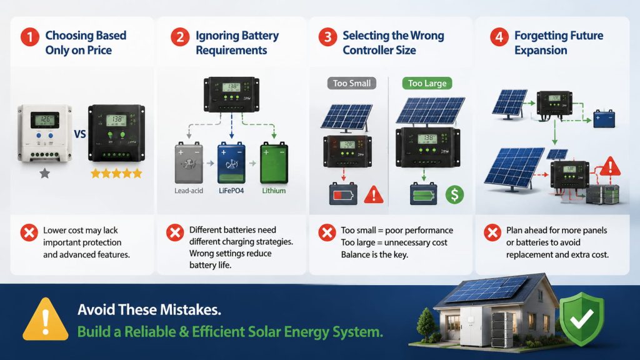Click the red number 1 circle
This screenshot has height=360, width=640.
(x=30, y=37)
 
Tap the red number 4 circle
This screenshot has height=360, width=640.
(x=499, y=37)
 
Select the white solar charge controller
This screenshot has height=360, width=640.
(x=44, y=132)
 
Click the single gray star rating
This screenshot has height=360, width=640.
(x=44, y=174)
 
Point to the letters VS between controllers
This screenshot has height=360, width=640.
(x=80, y=134)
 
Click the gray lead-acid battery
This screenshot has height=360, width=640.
(x=189, y=162)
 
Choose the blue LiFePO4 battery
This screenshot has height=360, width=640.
(x=231, y=162)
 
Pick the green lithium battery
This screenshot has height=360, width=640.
(x=274, y=162)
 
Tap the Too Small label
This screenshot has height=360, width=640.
(x=351, y=83)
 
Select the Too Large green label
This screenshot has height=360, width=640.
(x=427, y=83)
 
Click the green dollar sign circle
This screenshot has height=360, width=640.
(x=455, y=194)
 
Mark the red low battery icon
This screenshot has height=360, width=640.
(x=343, y=194)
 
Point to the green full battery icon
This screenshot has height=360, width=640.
(x=423, y=194)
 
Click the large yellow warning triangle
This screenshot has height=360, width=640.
(x=45, y=320)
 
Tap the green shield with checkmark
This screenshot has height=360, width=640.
(x=582, y=319)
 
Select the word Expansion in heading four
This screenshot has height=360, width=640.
(x=541, y=50)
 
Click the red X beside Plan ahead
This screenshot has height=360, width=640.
(x=492, y=232)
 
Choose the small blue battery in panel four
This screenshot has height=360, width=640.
(x=604, y=118)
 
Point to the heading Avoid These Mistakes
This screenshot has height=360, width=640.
(x=149, y=310)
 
